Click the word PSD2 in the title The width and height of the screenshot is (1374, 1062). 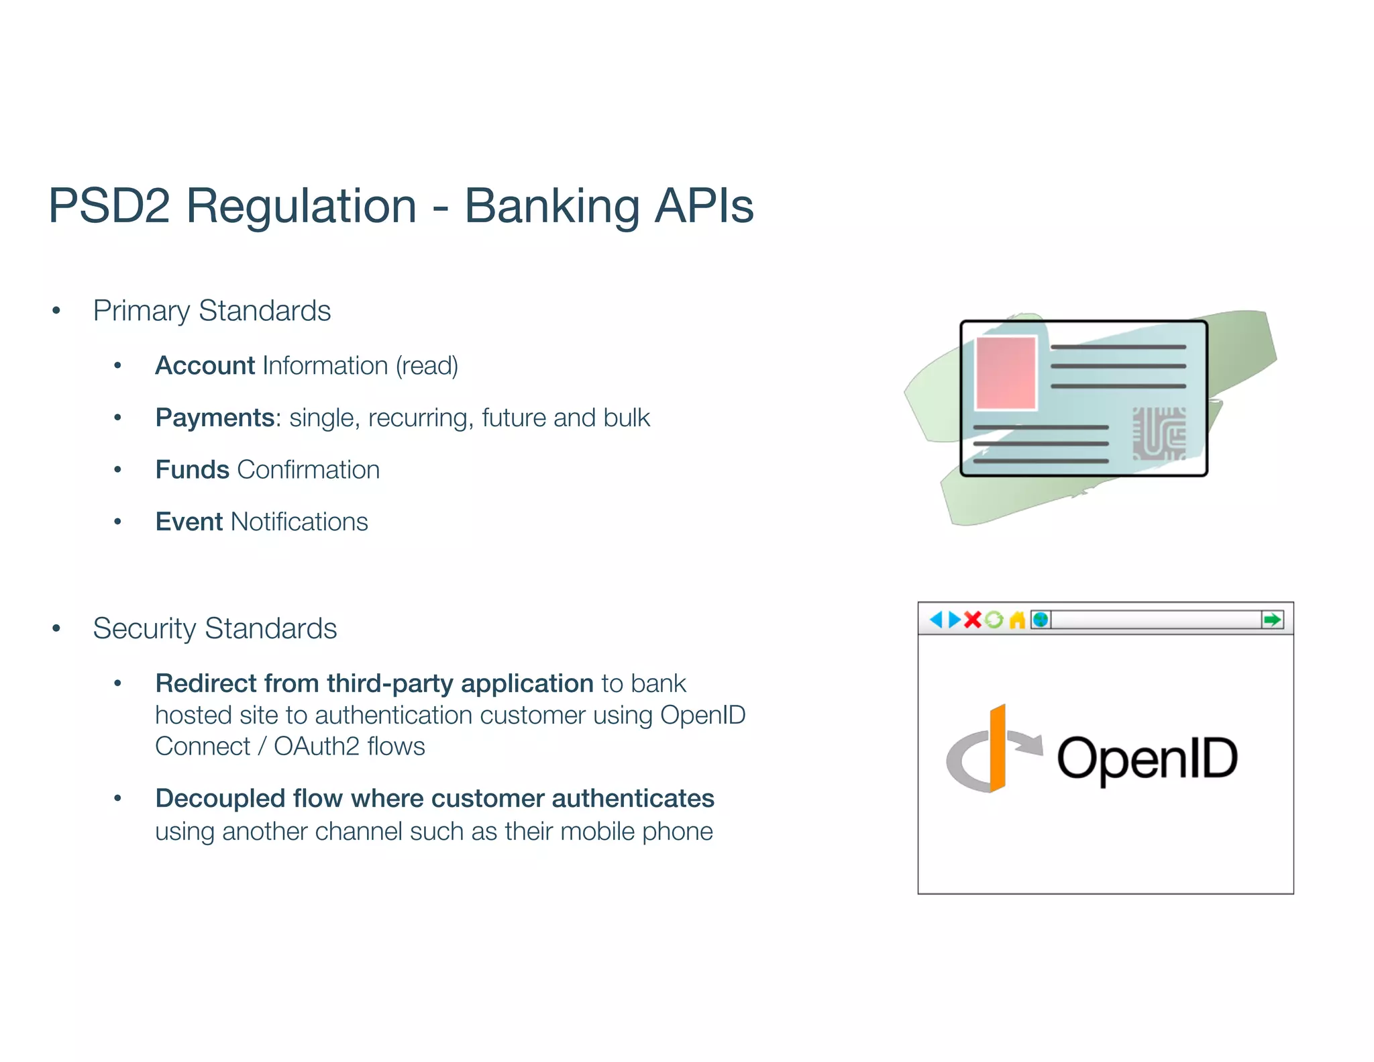pyautogui.click(x=109, y=205)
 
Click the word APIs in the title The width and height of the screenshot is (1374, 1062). pyautogui.click(x=704, y=205)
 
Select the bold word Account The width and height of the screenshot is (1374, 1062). pyautogui.click(x=205, y=366)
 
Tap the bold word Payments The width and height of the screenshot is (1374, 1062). pyautogui.click(x=215, y=418)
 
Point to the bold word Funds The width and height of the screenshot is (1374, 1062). pyautogui.click(x=192, y=470)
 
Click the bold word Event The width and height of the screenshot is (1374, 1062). pyautogui.click(x=189, y=522)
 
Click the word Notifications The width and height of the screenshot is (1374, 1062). pyautogui.click(x=299, y=522)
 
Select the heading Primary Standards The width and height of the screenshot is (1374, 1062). pyautogui.click(x=211, y=311)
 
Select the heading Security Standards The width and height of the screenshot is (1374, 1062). pyautogui.click(x=215, y=628)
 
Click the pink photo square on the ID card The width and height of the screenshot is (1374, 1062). pyautogui.click(x=1006, y=373)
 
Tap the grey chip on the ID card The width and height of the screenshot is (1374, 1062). pyautogui.click(x=1159, y=434)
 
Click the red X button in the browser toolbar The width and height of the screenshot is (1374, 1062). pyautogui.click(x=972, y=620)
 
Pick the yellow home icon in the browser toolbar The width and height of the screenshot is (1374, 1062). pyautogui.click(x=1017, y=620)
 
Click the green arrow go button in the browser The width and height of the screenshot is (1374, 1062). pyautogui.click(x=1271, y=620)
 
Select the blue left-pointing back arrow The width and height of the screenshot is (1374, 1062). pyautogui.click(x=936, y=620)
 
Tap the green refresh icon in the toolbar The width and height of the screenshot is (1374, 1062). pyautogui.click(x=994, y=620)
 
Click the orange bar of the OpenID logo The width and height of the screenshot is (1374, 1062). pyautogui.click(x=998, y=749)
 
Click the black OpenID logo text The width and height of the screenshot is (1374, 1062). pyautogui.click(x=1147, y=759)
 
